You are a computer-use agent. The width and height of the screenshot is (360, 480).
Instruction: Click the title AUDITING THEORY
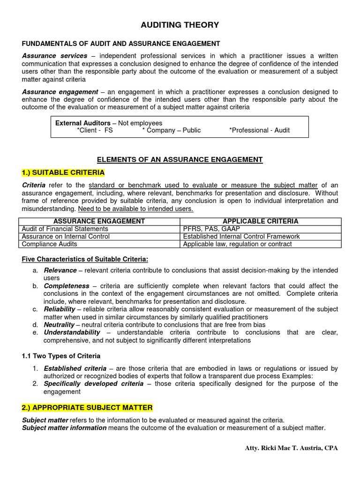(x=180, y=25)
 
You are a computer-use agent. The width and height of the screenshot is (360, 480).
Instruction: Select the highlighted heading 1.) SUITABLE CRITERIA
(x=63, y=172)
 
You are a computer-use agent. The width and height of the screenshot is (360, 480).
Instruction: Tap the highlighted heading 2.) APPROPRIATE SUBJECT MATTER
(x=87, y=408)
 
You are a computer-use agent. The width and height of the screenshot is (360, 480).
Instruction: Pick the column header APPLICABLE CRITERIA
(x=260, y=221)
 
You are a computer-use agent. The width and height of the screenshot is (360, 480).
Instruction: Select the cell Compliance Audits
(x=50, y=244)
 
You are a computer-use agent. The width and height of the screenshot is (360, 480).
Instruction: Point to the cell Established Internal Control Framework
(x=241, y=236)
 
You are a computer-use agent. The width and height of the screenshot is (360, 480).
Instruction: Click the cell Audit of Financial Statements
(x=65, y=229)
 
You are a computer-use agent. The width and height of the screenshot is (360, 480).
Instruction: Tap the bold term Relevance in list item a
(x=60, y=270)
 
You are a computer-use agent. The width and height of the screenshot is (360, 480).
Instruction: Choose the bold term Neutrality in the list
(x=59, y=324)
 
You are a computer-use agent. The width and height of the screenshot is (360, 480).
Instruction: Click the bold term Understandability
(x=72, y=332)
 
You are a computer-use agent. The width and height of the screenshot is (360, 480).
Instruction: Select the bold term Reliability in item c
(x=60, y=309)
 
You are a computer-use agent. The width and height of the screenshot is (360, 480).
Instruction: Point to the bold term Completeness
(x=67, y=286)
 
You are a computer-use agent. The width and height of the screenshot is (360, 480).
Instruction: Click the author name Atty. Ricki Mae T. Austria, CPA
(x=291, y=448)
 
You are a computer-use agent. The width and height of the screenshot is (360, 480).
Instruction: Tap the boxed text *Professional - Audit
(x=259, y=130)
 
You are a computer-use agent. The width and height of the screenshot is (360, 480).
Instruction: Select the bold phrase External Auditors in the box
(x=83, y=123)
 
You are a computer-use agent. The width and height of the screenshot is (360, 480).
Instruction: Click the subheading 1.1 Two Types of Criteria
(x=61, y=356)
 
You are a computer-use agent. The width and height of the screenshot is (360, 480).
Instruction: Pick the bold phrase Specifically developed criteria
(x=94, y=384)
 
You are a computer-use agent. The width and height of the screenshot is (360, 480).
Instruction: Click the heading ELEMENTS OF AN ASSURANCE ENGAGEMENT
(x=180, y=159)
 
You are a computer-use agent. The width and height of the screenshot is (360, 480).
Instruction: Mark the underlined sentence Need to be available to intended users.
(x=135, y=209)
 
